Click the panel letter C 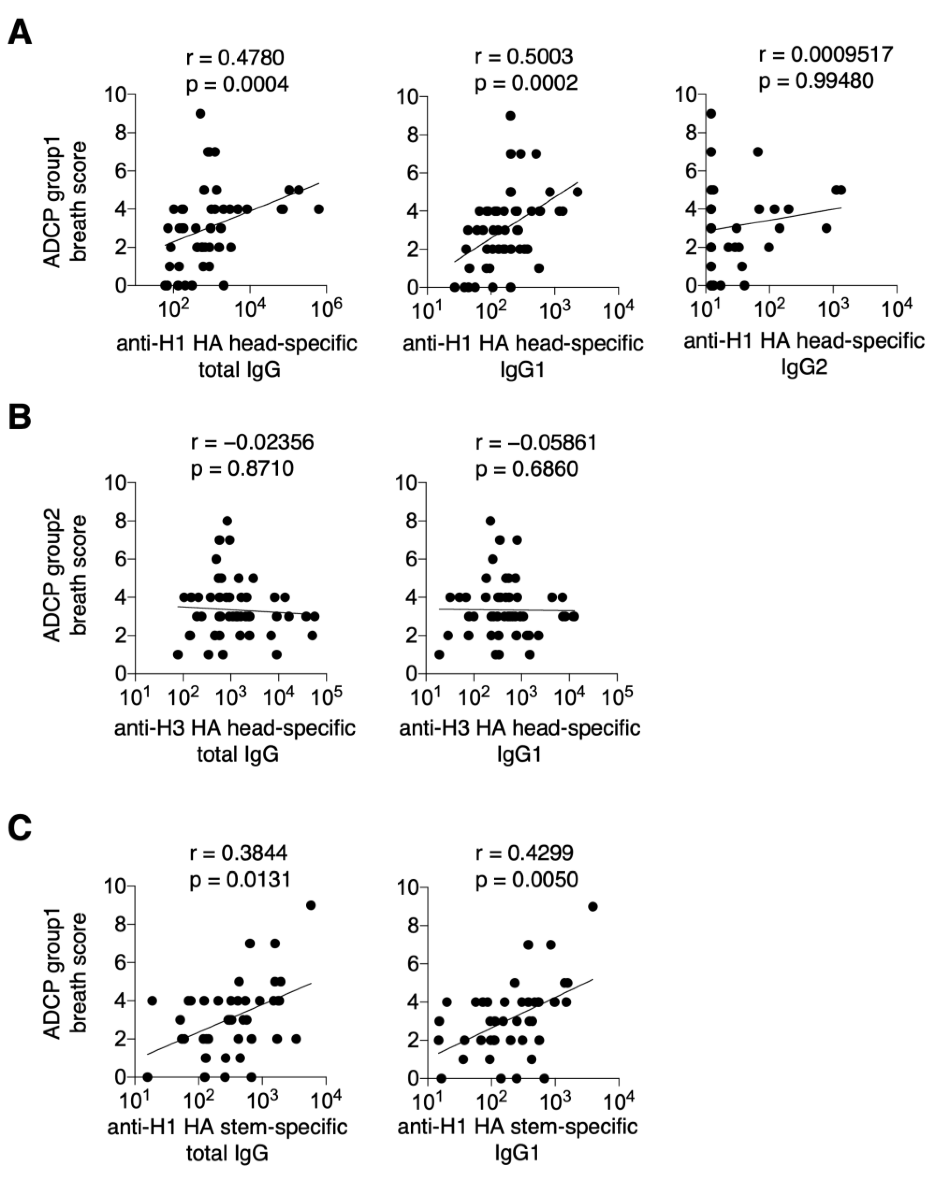(x=20, y=828)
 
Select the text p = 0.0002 (x=526, y=83)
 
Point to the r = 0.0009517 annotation (x=825, y=54)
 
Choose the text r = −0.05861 (x=536, y=442)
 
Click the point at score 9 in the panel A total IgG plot (x=200, y=114)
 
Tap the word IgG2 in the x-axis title (x=804, y=367)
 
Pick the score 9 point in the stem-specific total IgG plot (x=311, y=905)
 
